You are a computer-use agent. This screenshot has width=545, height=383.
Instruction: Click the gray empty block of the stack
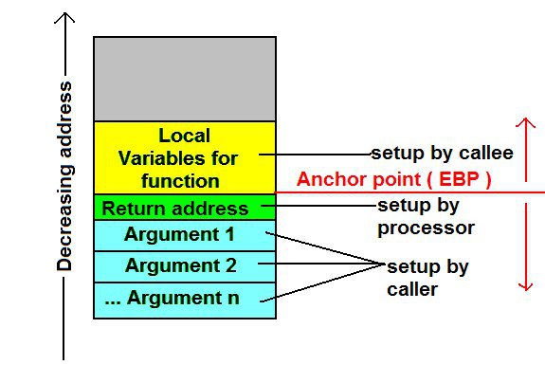pyautogui.click(x=185, y=80)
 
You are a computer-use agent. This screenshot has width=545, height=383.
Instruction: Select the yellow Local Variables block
pyautogui.click(x=185, y=157)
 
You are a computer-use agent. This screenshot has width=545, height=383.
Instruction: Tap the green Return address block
pyautogui.click(x=185, y=207)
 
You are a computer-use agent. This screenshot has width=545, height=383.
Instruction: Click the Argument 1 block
pyautogui.click(x=185, y=235)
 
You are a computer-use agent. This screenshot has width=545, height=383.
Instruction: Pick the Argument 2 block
pyautogui.click(x=185, y=266)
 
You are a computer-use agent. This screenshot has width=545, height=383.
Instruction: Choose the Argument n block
pyautogui.click(x=185, y=300)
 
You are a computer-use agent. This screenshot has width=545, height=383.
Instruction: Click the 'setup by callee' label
pyautogui.click(x=442, y=153)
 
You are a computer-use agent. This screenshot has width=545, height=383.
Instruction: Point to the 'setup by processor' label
pyautogui.click(x=427, y=217)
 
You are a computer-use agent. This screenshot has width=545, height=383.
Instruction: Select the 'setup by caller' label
pyautogui.click(x=427, y=279)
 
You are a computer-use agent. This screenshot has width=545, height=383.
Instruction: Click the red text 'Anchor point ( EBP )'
pyautogui.click(x=393, y=180)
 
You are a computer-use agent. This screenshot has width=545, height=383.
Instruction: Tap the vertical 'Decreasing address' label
pyautogui.click(x=64, y=176)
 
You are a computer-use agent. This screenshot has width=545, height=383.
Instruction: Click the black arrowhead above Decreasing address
pyautogui.click(x=64, y=18)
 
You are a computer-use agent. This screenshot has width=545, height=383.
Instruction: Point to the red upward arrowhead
pyautogui.click(x=525, y=122)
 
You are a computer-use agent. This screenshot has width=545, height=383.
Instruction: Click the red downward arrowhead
pyautogui.click(x=526, y=286)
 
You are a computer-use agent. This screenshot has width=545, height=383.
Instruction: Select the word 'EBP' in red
pyautogui.click(x=459, y=179)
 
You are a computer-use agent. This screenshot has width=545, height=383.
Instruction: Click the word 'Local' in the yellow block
pyautogui.click(x=185, y=136)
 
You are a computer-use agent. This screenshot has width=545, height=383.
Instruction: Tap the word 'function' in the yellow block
pyautogui.click(x=180, y=181)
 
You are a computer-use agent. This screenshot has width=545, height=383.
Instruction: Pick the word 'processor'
pyautogui.click(x=427, y=228)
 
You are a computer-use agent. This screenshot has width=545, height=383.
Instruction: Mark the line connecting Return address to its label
pyautogui.click(x=319, y=206)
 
